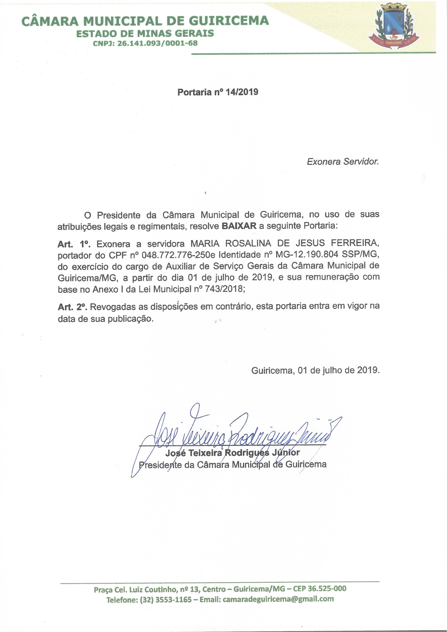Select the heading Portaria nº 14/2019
tap(218, 92)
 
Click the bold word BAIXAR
tap(239, 226)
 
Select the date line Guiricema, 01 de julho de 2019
tap(315, 370)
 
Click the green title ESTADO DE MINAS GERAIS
tap(145, 34)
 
